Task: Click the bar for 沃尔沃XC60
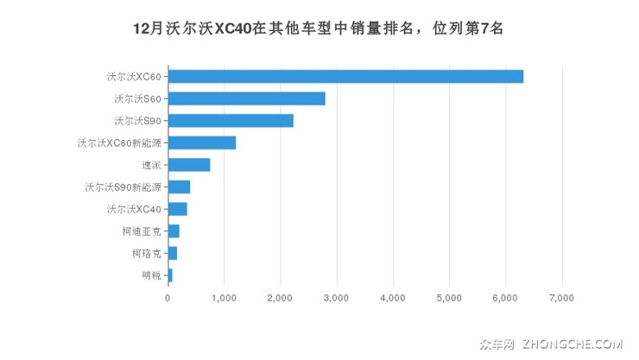click(x=345, y=76)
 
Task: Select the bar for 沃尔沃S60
click(x=246, y=98)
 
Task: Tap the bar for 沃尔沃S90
click(x=231, y=120)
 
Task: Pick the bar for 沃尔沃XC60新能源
click(x=201, y=142)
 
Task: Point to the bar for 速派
click(x=188, y=165)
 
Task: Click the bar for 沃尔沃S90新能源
click(x=179, y=186)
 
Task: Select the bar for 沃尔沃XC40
click(x=177, y=209)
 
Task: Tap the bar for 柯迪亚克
click(x=174, y=231)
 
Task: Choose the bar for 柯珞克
click(x=172, y=253)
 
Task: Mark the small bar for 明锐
click(x=170, y=275)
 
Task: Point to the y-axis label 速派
click(x=151, y=165)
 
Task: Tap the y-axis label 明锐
click(x=151, y=275)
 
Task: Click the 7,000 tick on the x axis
click(x=561, y=298)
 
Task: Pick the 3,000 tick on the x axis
click(x=336, y=298)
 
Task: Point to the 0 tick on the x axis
click(x=168, y=298)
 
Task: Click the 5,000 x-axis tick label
click(x=449, y=298)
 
